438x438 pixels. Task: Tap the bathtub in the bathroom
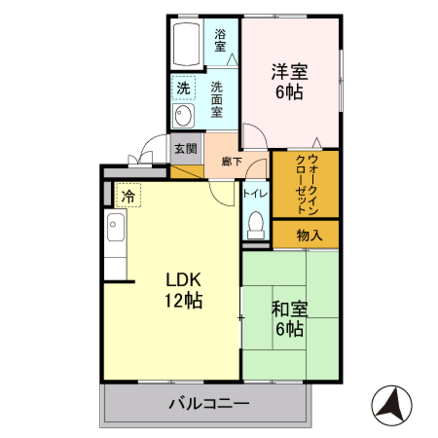(188, 44)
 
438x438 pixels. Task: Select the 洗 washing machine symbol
(183, 89)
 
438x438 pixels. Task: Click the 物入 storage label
(310, 235)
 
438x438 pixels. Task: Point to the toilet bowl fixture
(256, 224)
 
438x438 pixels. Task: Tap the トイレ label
(255, 193)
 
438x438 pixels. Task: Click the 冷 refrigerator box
(128, 196)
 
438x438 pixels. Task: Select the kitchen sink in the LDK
(115, 234)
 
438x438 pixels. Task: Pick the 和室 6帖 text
(289, 319)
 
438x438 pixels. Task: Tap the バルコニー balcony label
(208, 402)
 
